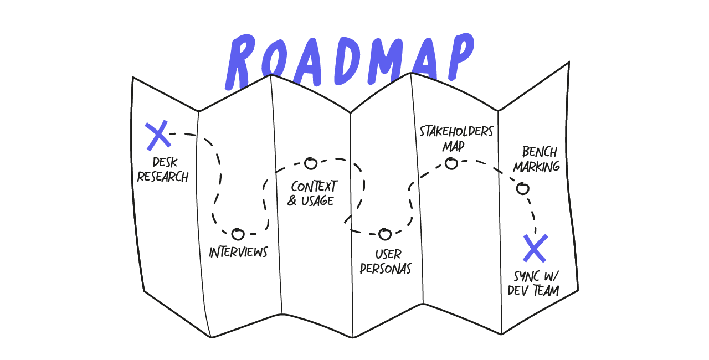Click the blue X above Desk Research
(158, 136)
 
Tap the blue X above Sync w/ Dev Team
(536, 248)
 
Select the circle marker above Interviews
(238, 234)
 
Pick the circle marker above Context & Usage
(311, 163)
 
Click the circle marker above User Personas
(385, 234)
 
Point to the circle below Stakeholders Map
(451, 163)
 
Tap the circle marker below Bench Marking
(522, 189)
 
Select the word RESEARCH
(163, 177)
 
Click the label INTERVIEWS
(238, 253)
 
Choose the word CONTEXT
(314, 186)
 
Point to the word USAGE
(317, 200)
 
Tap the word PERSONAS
(386, 269)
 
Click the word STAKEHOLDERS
(456, 132)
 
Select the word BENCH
(540, 152)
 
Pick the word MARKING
(536, 166)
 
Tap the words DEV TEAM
(533, 290)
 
